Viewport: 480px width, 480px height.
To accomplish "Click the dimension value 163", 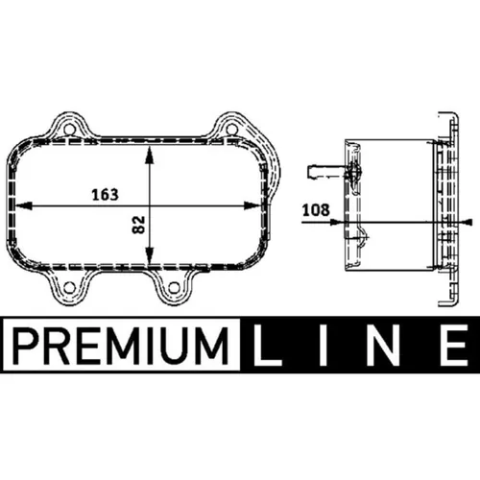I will tap(106, 194).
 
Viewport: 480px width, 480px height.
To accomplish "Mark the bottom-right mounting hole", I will tap(172, 287).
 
